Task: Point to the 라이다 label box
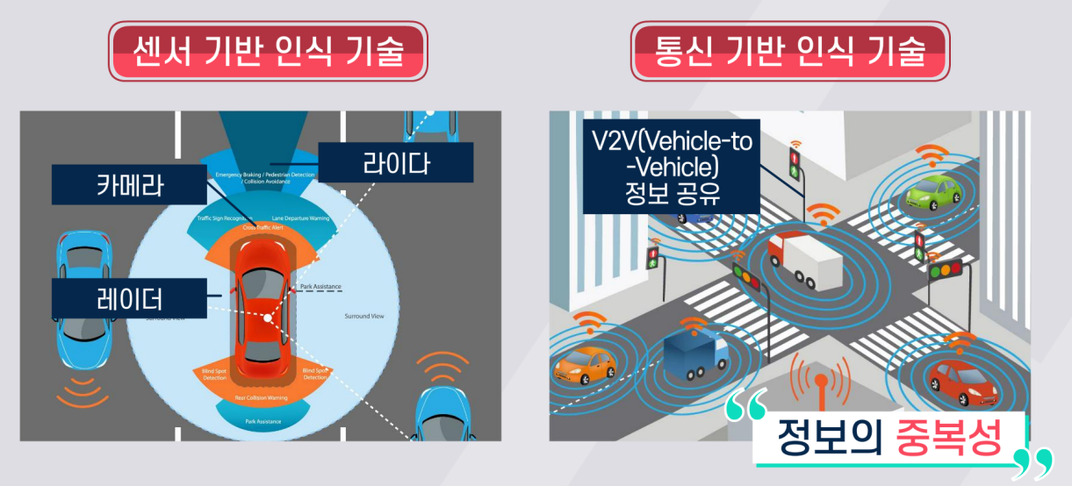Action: tap(395, 162)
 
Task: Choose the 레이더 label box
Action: tap(129, 298)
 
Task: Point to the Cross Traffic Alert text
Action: tap(263, 227)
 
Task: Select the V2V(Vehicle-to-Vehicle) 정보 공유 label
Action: tap(671, 167)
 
